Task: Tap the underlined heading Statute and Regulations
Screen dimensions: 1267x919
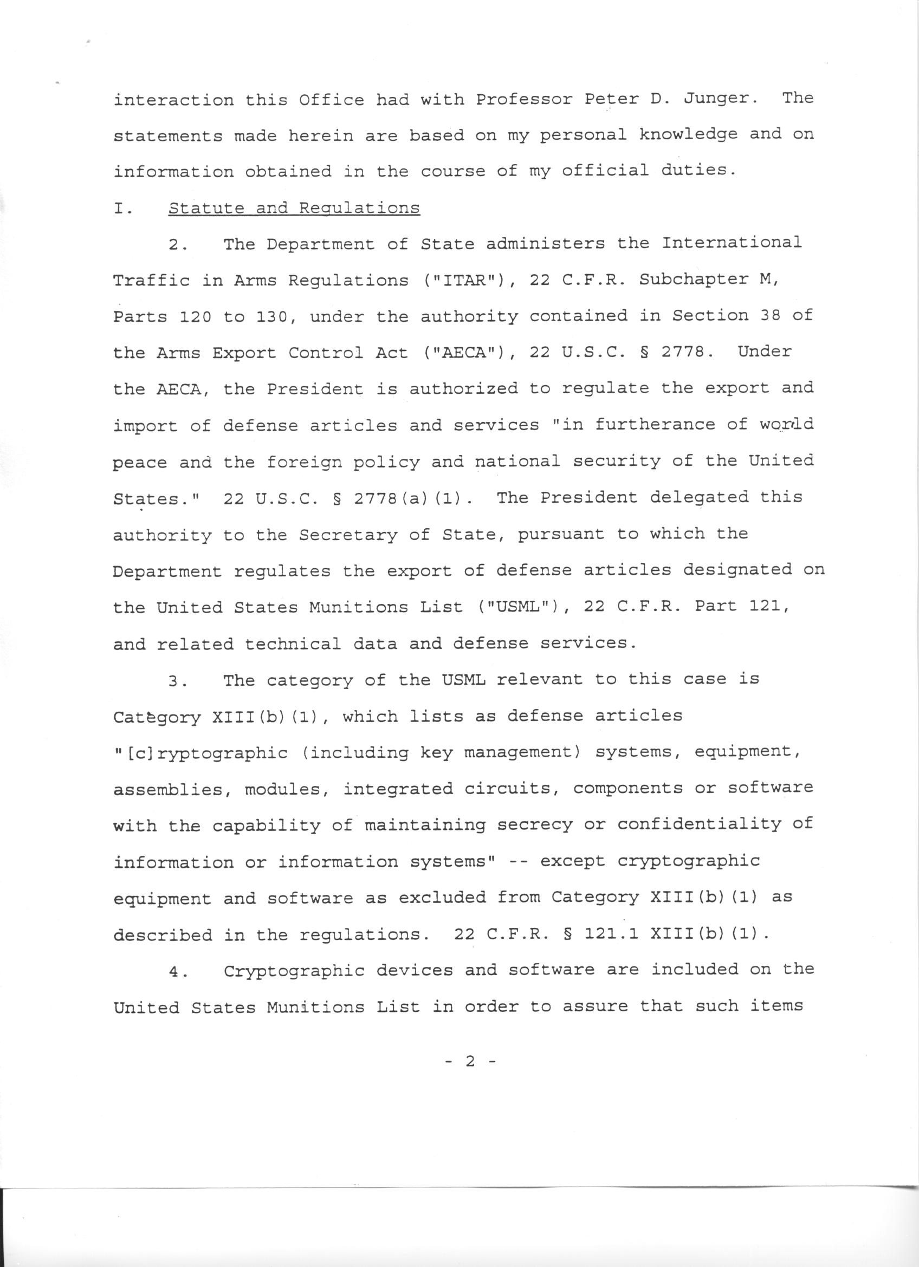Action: (294, 209)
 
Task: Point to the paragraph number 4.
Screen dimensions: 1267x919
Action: (177, 971)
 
